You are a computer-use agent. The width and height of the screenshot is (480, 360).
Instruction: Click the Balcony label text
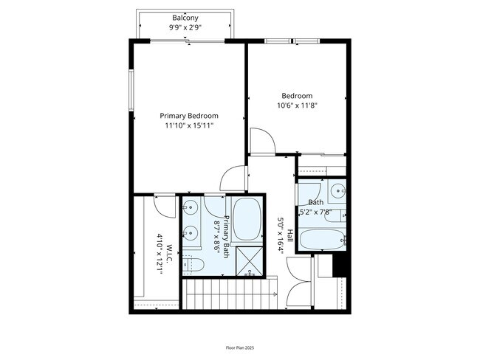[185, 18]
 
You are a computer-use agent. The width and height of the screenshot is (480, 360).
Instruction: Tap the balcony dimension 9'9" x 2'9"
[185, 27]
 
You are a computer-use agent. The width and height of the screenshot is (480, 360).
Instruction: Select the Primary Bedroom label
[190, 116]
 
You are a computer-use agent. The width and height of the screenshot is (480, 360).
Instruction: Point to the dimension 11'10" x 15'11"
[190, 126]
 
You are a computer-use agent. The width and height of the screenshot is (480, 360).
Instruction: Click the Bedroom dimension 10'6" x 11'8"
[297, 105]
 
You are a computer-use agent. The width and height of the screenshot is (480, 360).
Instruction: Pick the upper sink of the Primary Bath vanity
[190, 207]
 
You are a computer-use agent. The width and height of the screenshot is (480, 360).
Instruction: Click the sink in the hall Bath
[337, 190]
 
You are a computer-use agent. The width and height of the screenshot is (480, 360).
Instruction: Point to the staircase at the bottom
[229, 296]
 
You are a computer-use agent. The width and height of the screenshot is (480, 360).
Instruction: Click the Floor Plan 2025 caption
[239, 347]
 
